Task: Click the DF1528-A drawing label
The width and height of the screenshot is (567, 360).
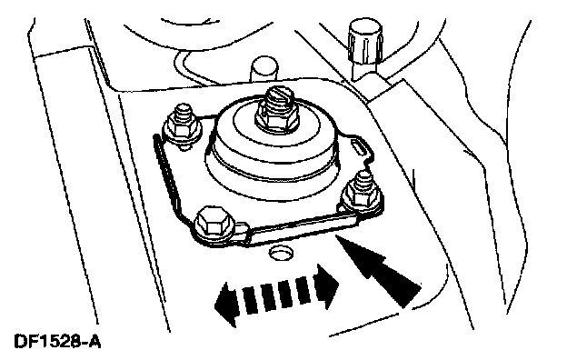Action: tap(57, 342)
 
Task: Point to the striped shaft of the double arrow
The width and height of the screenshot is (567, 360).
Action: tap(276, 295)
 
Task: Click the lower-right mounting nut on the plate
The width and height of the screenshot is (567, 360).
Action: tap(363, 198)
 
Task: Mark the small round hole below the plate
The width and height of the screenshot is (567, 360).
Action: tap(281, 253)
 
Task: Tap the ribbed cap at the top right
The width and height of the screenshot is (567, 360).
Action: tap(365, 41)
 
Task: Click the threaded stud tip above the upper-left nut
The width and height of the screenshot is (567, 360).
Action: tap(184, 112)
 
